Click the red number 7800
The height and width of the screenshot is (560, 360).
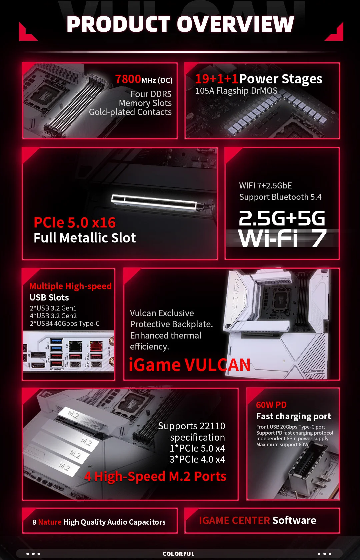[x=128, y=79]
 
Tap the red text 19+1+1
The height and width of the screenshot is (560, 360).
[x=216, y=79]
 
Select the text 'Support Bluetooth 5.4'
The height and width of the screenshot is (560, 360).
[x=280, y=197]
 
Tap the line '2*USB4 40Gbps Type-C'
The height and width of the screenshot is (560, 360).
[x=64, y=324]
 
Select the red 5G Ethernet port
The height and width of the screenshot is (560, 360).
[x=96, y=347]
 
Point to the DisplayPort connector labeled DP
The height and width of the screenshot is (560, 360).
[x=38, y=354]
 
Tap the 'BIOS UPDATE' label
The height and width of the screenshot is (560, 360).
[x=56, y=369]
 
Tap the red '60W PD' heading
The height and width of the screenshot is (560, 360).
[x=271, y=405]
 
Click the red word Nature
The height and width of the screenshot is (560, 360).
[x=50, y=522]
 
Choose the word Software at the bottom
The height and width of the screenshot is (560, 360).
[x=294, y=521]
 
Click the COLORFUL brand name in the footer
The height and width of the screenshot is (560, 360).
[x=178, y=554]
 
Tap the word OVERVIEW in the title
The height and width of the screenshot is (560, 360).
[x=235, y=24]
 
